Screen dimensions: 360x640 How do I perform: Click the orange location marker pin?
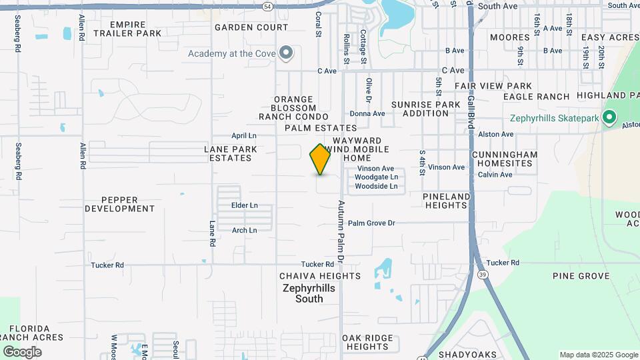(x=320, y=159)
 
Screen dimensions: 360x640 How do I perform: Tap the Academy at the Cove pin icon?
(x=287, y=53)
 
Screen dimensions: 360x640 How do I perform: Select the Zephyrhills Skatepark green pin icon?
(x=608, y=118)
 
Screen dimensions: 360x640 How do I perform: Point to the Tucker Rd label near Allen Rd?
(x=107, y=265)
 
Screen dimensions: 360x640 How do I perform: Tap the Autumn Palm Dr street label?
(x=341, y=230)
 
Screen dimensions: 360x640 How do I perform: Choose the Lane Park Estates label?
(x=227, y=153)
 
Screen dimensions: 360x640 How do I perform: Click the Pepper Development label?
(x=128, y=204)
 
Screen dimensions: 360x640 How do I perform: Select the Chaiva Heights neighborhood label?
(x=310, y=276)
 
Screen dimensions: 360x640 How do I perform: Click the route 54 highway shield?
(x=267, y=6)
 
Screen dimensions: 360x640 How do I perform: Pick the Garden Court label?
(x=251, y=27)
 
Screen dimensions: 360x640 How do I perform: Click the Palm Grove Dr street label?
(x=371, y=223)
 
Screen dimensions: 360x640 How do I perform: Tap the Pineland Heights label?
(x=446, y=201)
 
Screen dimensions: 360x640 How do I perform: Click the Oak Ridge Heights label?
(x=367, y=342)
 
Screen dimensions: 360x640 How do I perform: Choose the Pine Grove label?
(x=581, y=276)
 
